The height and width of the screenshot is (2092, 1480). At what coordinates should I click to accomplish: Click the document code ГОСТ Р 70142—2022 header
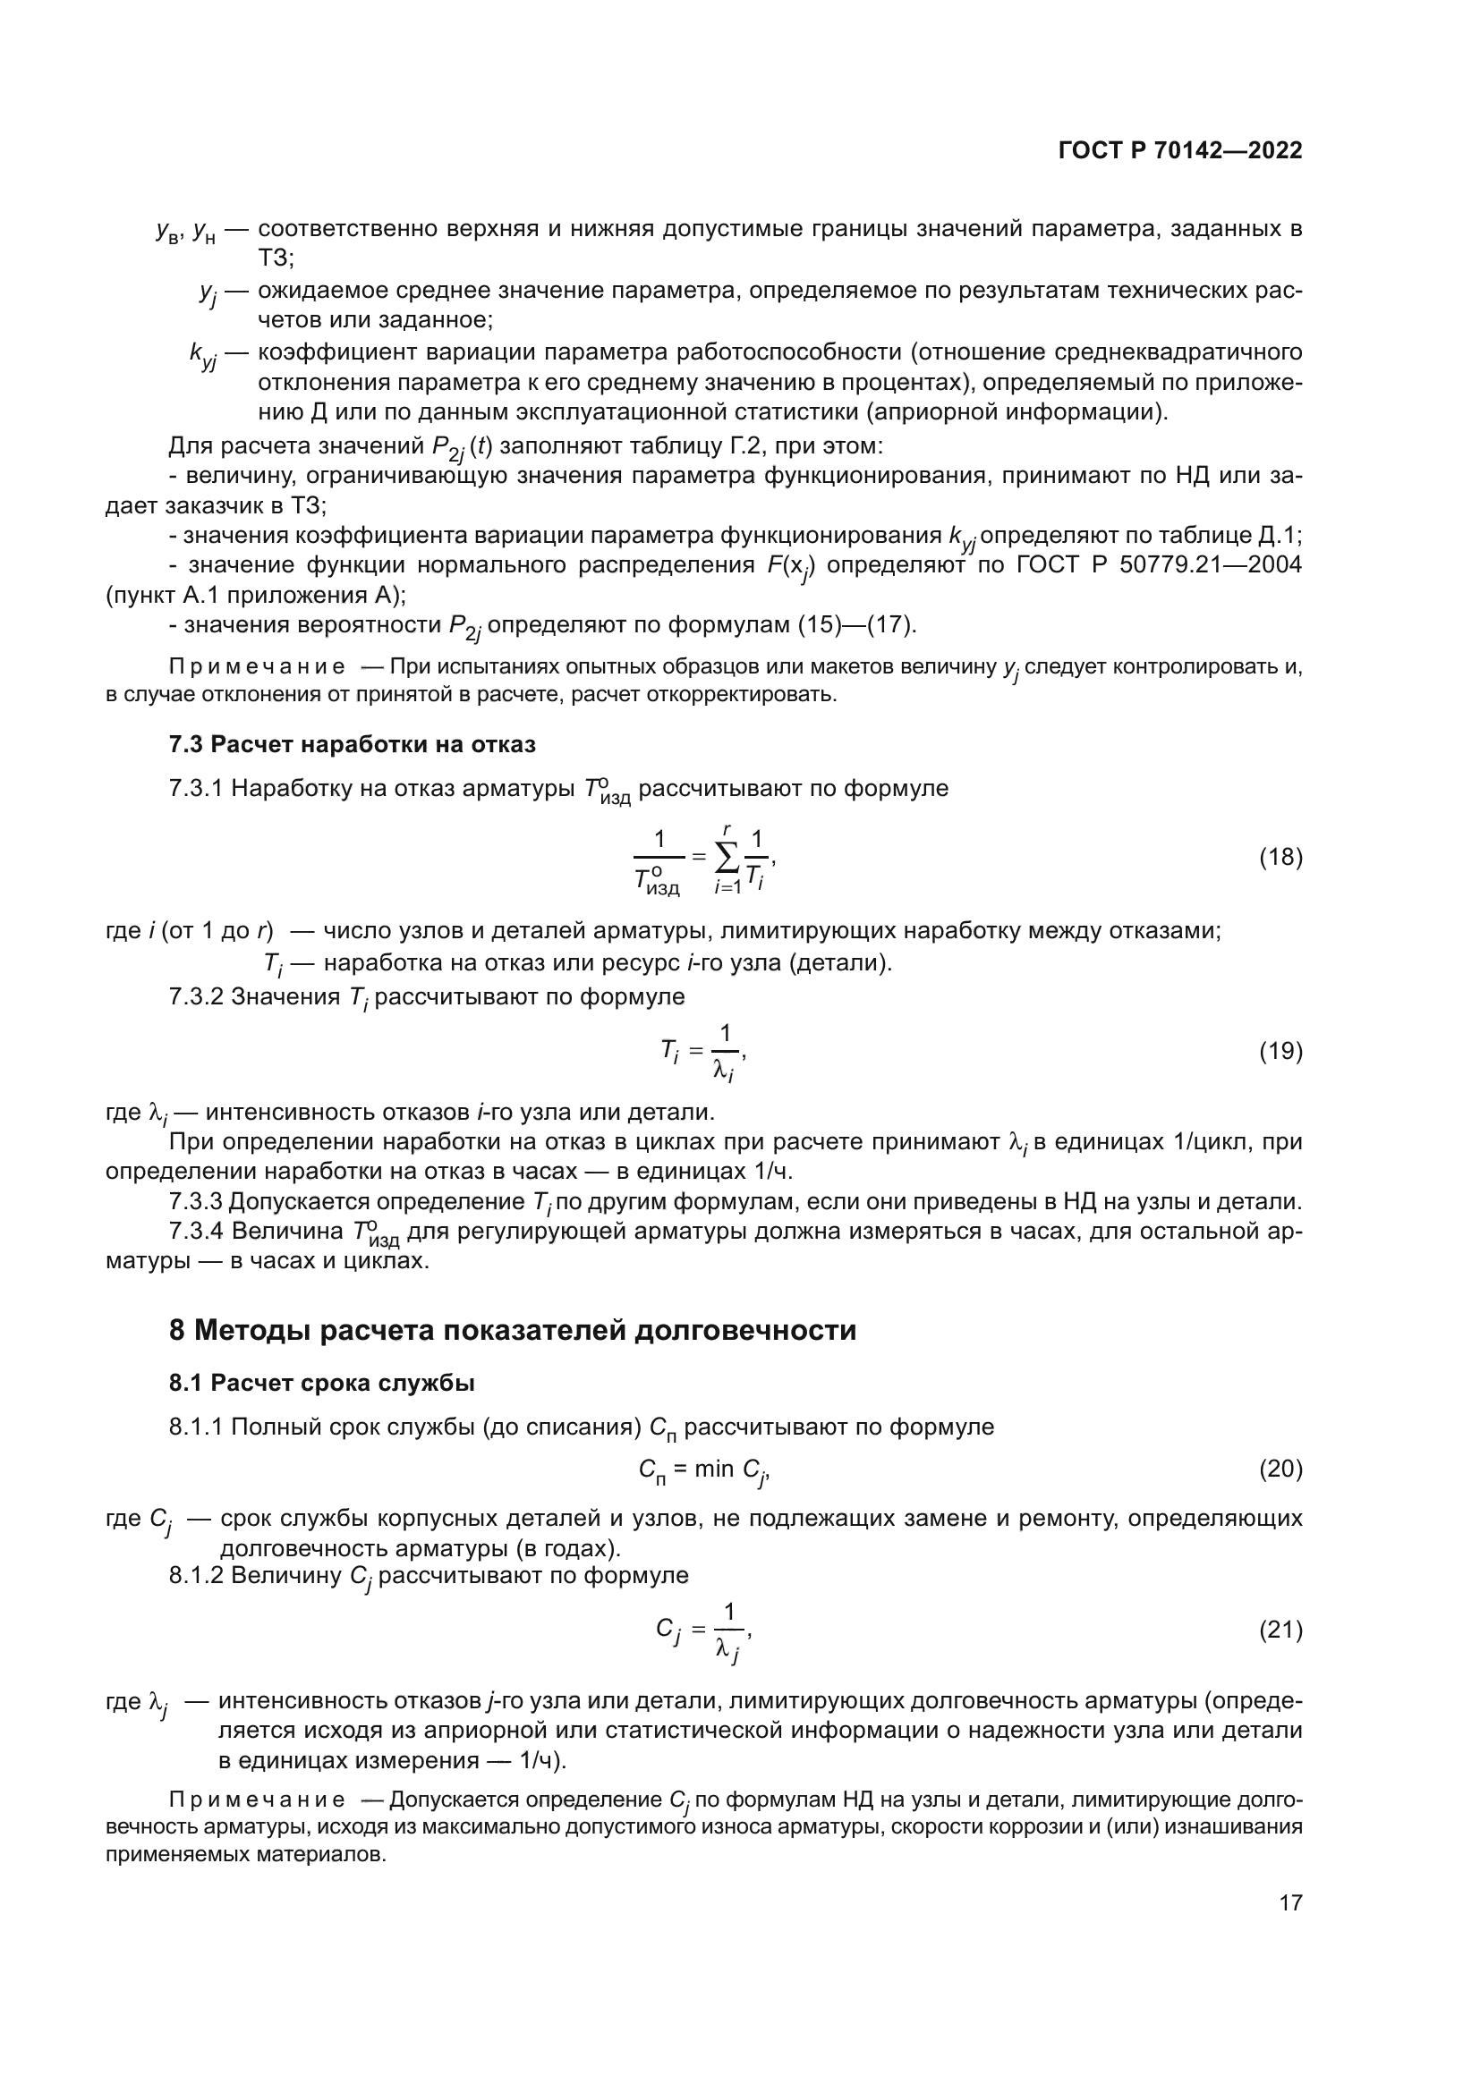1180,150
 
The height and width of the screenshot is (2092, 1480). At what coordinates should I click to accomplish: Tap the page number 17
1290,1902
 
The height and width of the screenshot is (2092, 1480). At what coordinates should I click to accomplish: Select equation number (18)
1280,858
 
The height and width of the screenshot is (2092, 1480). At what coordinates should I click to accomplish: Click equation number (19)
1280,1052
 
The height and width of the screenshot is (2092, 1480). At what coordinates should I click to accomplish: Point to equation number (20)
1280,1469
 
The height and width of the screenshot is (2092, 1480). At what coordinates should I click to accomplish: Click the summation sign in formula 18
727,858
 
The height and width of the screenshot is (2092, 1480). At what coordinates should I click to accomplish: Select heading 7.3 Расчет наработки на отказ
352,744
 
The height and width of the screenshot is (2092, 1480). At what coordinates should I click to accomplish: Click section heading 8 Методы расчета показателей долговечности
512,1331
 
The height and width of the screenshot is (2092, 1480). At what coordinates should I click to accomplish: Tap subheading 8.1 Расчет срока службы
322,1383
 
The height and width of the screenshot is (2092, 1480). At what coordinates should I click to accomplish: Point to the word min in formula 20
713,1469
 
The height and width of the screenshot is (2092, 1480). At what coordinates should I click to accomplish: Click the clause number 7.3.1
196,788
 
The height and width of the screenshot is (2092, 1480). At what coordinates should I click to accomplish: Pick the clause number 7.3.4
196,1232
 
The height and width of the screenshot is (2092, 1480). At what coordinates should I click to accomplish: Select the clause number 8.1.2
196,1575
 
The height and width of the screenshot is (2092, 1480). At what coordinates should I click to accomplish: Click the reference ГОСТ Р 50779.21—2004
1159,565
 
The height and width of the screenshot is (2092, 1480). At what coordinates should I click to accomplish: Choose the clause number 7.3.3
196,1203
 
